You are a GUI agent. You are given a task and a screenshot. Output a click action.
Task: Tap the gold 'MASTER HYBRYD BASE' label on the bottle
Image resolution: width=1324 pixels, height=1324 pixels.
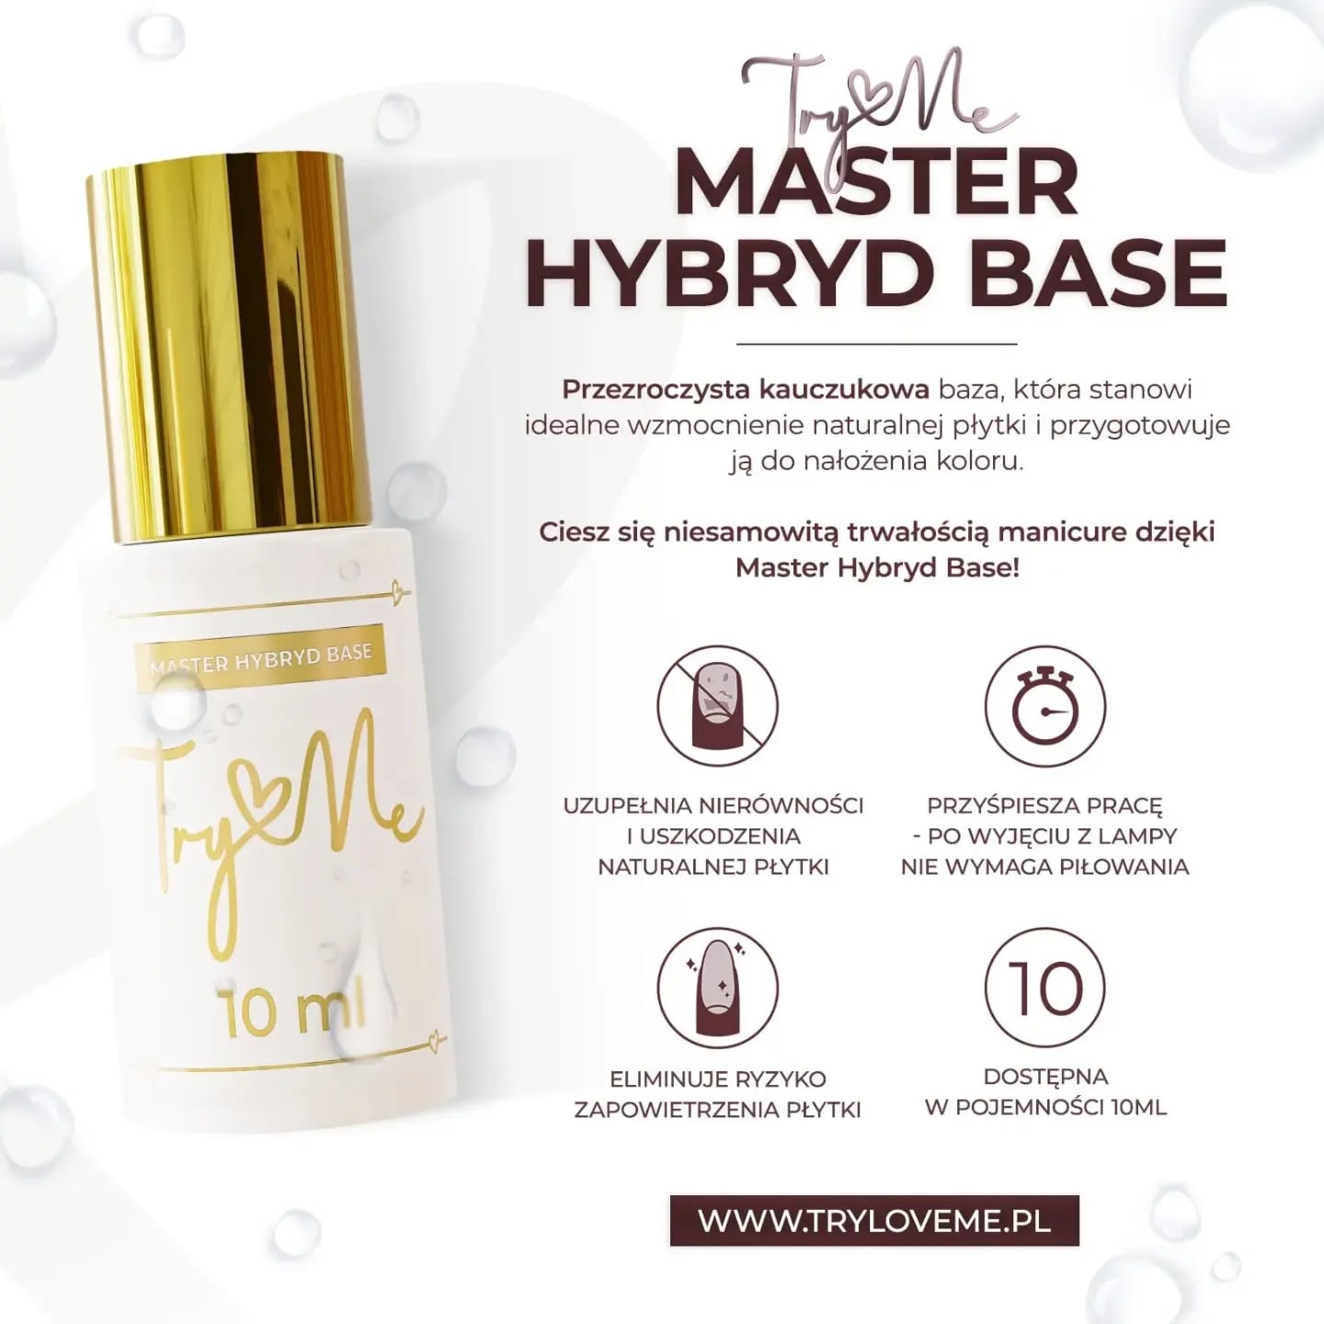pyautogui.click(x=260, y=656)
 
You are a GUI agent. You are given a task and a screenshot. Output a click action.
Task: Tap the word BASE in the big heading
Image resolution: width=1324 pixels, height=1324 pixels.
pyautogui.click(x=1097, y=273)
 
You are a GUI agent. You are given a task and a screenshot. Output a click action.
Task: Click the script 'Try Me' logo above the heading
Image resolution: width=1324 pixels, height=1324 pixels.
pyautogui.click(x=880, y=103)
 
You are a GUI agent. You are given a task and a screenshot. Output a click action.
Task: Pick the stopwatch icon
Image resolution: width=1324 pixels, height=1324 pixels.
pyautogui.click(x=1045, y=706)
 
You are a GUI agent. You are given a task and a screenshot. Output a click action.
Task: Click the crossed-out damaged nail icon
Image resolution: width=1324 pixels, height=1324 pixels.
pyautogui.click(x=717, y=706)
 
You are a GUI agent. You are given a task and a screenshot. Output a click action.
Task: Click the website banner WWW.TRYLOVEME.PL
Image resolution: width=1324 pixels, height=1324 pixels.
pyautogui.click(x=874, y=1220)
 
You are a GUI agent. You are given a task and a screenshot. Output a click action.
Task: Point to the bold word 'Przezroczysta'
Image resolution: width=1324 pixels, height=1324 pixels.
pyautogui.click(x=656, y=390)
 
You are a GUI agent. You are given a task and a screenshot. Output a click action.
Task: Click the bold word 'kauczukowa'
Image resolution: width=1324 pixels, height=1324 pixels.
pyautogui.click(x=845, y=389)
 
